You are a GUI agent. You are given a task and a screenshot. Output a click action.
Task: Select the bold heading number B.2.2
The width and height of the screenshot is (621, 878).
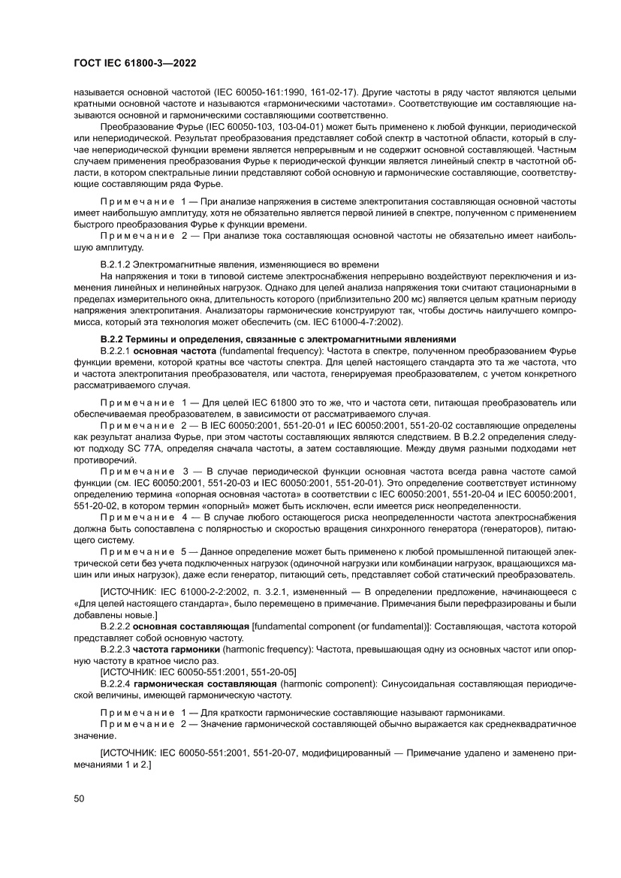point(113,339)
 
